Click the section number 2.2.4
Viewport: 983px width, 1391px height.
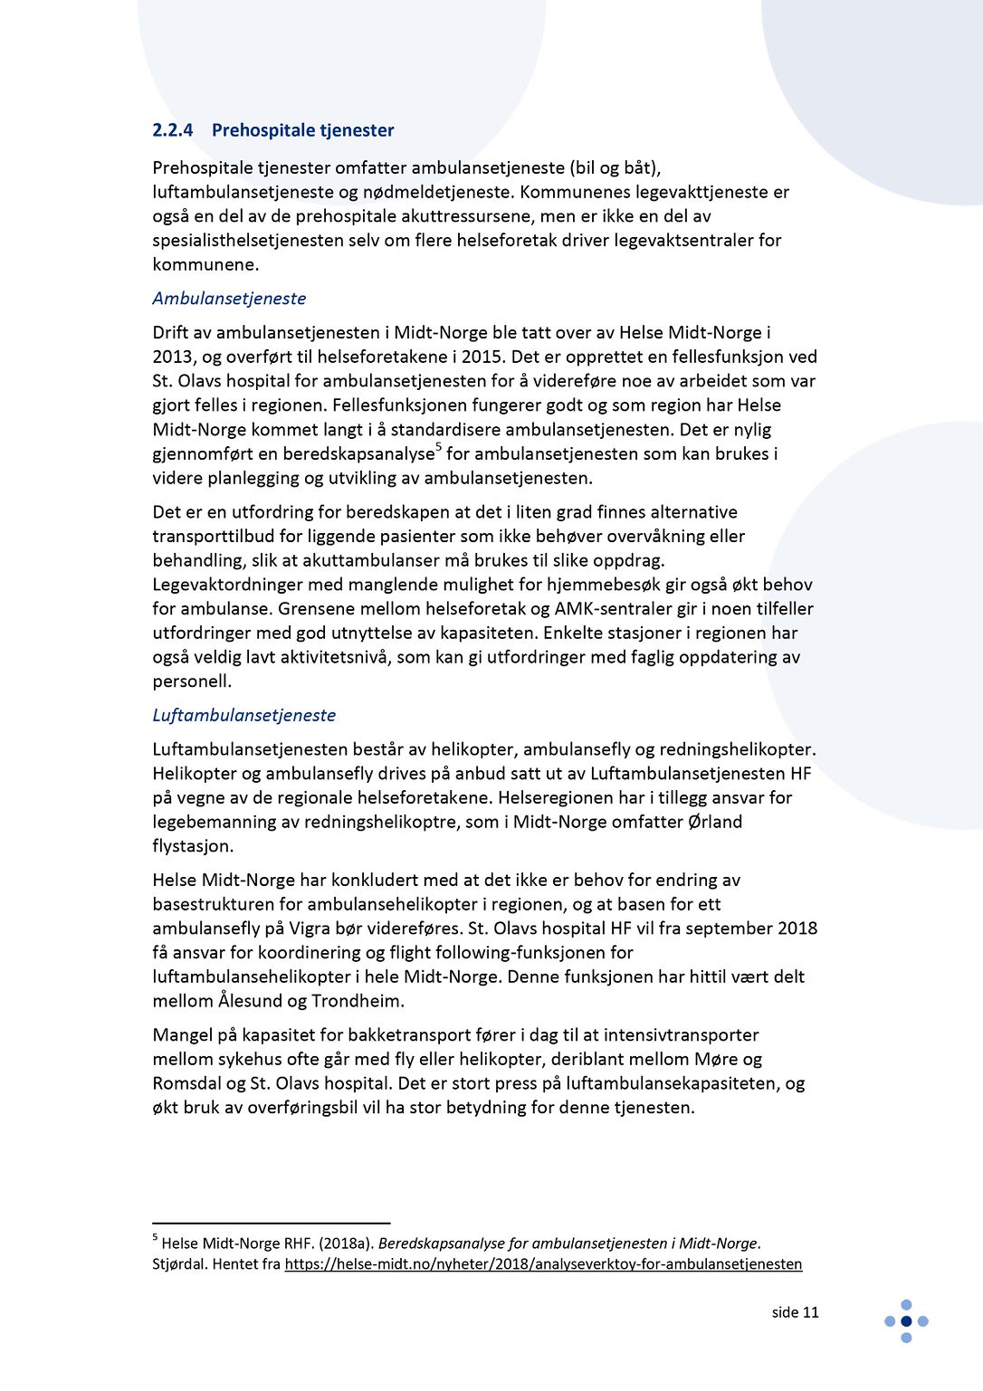point(172,130)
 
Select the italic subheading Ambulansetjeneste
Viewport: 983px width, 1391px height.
point(229,299)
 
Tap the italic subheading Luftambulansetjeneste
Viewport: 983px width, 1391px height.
point(243,715)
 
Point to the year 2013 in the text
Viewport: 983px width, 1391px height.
point(172,357)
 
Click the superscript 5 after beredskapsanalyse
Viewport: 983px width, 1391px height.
point(439,447)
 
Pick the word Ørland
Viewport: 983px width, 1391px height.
point(715,822)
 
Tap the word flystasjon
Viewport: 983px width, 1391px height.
point(193,846)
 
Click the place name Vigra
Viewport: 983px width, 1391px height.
point(310,929)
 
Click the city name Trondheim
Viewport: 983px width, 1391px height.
point(358,1001)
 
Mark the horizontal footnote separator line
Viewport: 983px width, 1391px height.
point(271,1223)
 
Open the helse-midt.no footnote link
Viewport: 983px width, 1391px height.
point(543,1264)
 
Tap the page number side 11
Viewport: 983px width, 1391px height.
point(795,1312)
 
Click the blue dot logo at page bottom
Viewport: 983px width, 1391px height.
point(906,1321)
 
